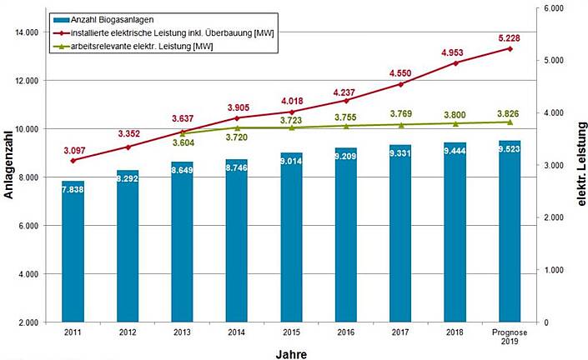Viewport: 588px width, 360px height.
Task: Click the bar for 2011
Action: pos(73,251)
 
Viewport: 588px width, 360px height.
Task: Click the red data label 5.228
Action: pos(510,37)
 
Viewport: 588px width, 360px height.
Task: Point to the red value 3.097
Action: pos(73,149)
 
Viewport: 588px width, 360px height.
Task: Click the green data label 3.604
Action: pos(183,142)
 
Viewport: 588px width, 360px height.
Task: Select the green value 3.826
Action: pos(510,112)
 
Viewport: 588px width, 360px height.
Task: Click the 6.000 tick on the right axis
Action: pos(554,8)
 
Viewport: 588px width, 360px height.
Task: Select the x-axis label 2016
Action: pos(345,332)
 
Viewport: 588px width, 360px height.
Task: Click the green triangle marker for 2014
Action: pos(237,127)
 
